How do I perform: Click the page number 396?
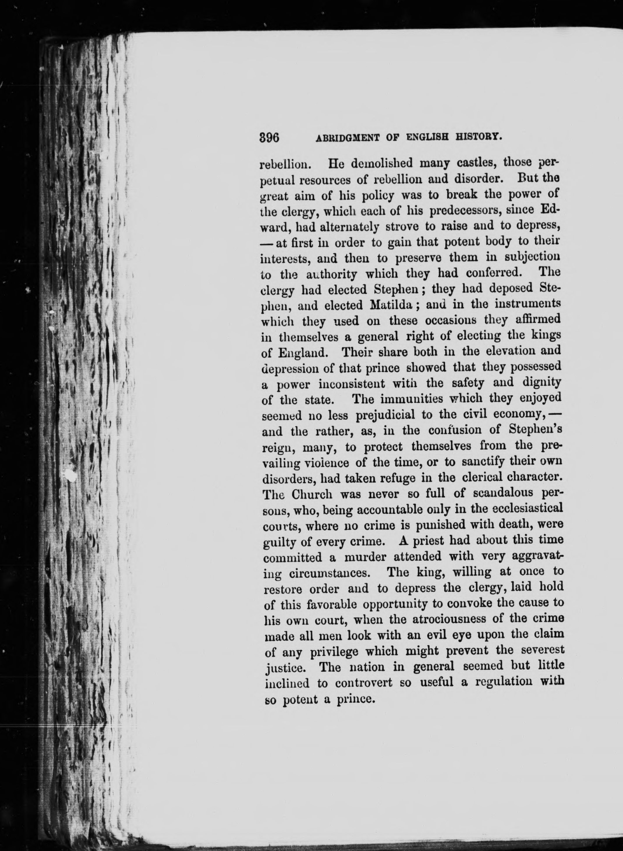click(269, 138)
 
